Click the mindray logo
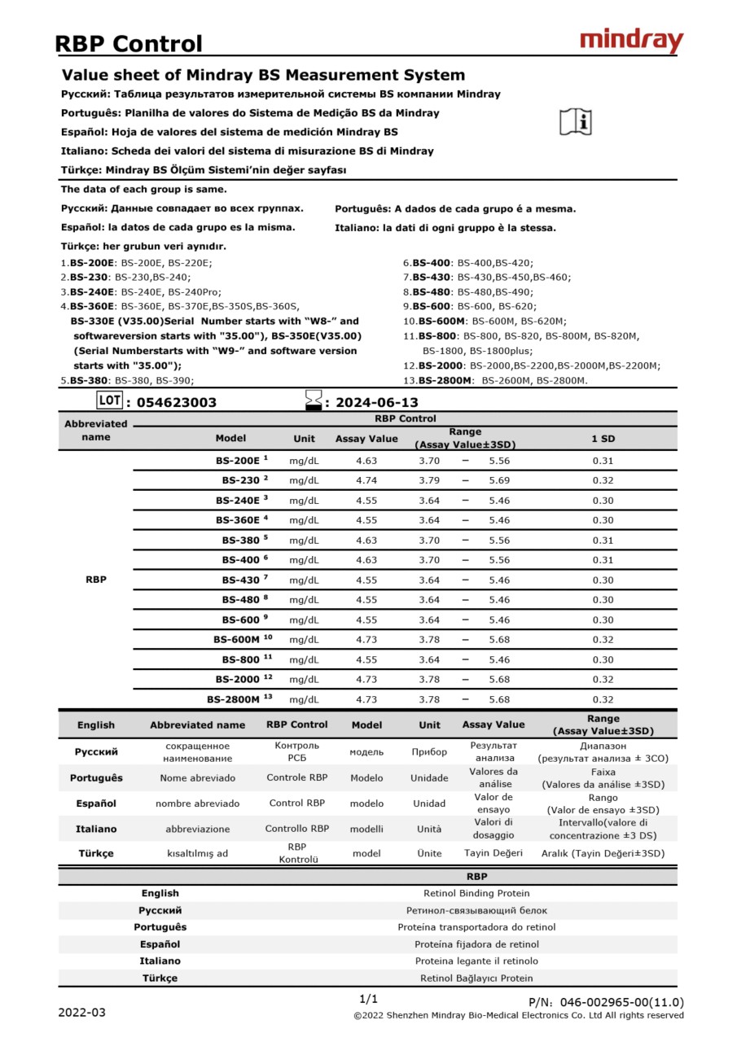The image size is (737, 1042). [631, 41]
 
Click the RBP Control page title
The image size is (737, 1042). [129, 43]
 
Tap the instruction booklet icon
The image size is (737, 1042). [576, 121]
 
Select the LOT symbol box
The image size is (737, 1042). [108, 400]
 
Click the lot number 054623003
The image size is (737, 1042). [177, 402]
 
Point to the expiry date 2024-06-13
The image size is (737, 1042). [376, 402]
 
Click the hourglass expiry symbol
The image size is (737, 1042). [313, 400]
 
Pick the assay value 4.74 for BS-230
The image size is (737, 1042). [366, 480]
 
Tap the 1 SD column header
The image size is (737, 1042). [603, 439]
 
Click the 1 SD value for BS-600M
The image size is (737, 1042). [603, 640]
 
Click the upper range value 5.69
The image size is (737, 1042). [499, 480]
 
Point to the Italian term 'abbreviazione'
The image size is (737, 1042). [197, 829]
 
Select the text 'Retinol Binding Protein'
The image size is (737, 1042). [476, 893]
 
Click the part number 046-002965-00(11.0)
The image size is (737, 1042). [606, 1002]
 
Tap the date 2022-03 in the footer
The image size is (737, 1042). [81, 1013]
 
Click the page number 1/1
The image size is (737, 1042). [368, 999]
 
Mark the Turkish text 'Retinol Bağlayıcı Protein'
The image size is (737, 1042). [476, 978]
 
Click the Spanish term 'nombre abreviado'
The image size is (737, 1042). [197, 803]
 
